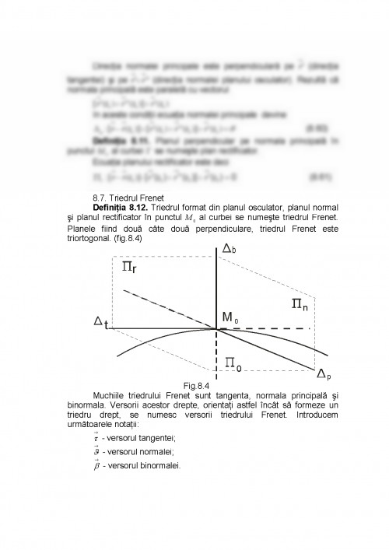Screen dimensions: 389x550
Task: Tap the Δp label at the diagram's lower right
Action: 323,376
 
